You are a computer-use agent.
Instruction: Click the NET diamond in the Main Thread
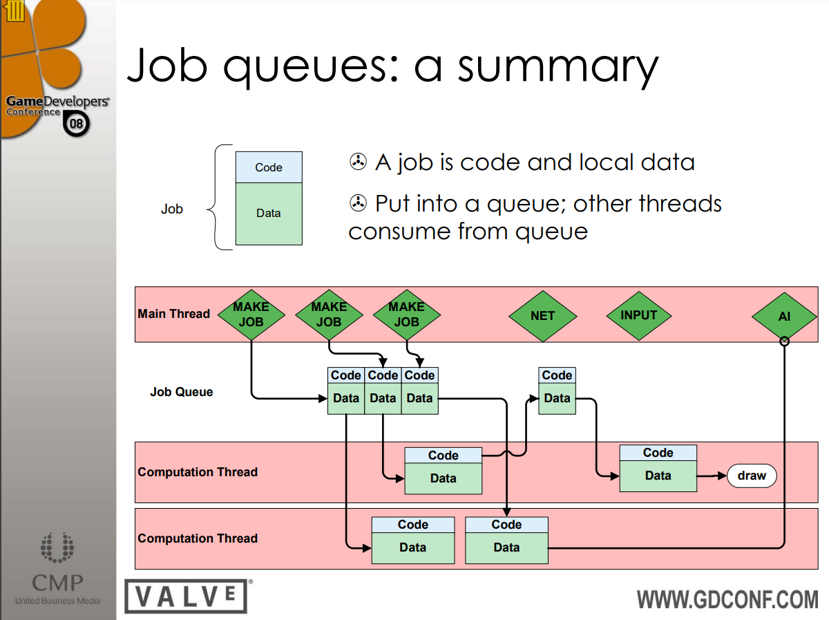click(x=542, y=316)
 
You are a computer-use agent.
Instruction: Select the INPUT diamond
click(x=638, y=315)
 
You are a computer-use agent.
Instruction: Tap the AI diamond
click(x=784, y=317)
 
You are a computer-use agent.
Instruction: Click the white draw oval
click(x=752, y=476)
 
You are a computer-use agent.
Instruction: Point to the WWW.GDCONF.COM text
click(x=727, y=599)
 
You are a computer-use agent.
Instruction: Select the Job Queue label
click(x=182, y=392)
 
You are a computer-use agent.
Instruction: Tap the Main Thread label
click(x=173, y=314)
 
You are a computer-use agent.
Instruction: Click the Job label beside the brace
click(x=172, y=209)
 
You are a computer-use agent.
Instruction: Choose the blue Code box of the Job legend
click(x=269, y=167)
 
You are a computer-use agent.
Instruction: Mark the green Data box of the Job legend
click(x=269, y=214)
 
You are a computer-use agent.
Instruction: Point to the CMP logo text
click(x=57, y=582)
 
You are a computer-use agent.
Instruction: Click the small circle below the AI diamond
click(x=784, y=341)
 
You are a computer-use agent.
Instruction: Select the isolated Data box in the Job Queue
click(x=557, y=398)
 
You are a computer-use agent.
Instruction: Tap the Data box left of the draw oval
click(x=658, y=476)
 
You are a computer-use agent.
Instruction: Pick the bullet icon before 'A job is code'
click(x=357, y=162)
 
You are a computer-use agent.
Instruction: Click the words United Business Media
click(x=57, y=601)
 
